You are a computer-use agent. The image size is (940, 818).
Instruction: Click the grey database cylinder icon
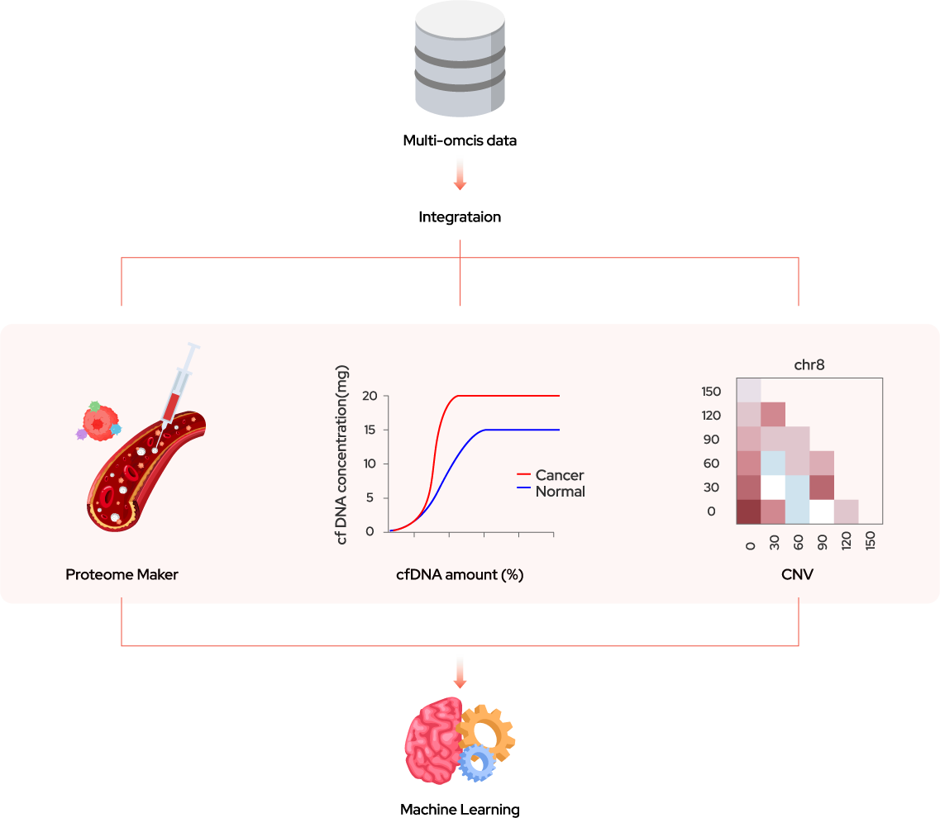tap(460, 59)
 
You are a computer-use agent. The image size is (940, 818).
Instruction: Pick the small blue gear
tap(477, 763)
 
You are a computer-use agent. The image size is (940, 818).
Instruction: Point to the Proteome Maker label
tap(122, 574)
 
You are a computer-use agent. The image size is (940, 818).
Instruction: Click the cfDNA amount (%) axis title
tap(460, 575)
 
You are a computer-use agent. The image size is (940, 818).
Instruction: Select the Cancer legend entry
tap(560, 475)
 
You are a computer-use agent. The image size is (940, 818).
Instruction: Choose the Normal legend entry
tap(560, 492)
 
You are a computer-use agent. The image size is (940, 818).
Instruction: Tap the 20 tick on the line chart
tap(370, 396)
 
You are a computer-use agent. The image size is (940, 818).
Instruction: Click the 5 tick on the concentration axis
tap(370, 497)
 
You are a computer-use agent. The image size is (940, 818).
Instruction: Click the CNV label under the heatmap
tap(797, 574)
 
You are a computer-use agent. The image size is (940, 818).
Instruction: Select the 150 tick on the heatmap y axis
tap(711, 391)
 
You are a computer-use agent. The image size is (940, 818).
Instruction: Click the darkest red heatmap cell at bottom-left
tap(749, 511)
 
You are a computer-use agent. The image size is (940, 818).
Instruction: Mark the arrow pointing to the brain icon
tap(460, 672)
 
